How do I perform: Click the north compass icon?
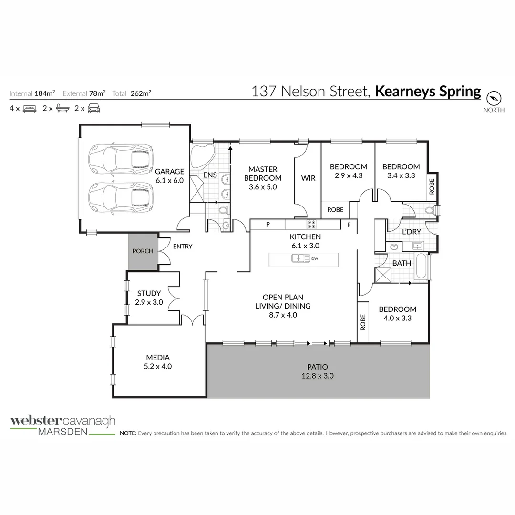(x=494, y=98)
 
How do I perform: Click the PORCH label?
(x=143, y=251)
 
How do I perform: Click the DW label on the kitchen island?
(x=315, y=259)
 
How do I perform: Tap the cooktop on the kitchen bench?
(x=312, y=224)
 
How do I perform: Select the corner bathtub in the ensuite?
(x=202, y=155)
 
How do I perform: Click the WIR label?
(x=309, y=178)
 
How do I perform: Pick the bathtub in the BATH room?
(x=422, y=267)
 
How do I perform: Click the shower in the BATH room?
(x=383, y=275)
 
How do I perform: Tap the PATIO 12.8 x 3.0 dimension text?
(x=317, y=376)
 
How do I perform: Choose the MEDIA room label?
(x=158, y=357)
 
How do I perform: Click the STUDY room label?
(x=149, y=293)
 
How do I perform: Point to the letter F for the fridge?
(x=349, y=225)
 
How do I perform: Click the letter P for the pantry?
(x=268, y=225)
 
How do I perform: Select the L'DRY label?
(x=411, y=232)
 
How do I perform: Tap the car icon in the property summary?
(x=93, y=108)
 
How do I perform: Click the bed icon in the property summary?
(x=30, y=108)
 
